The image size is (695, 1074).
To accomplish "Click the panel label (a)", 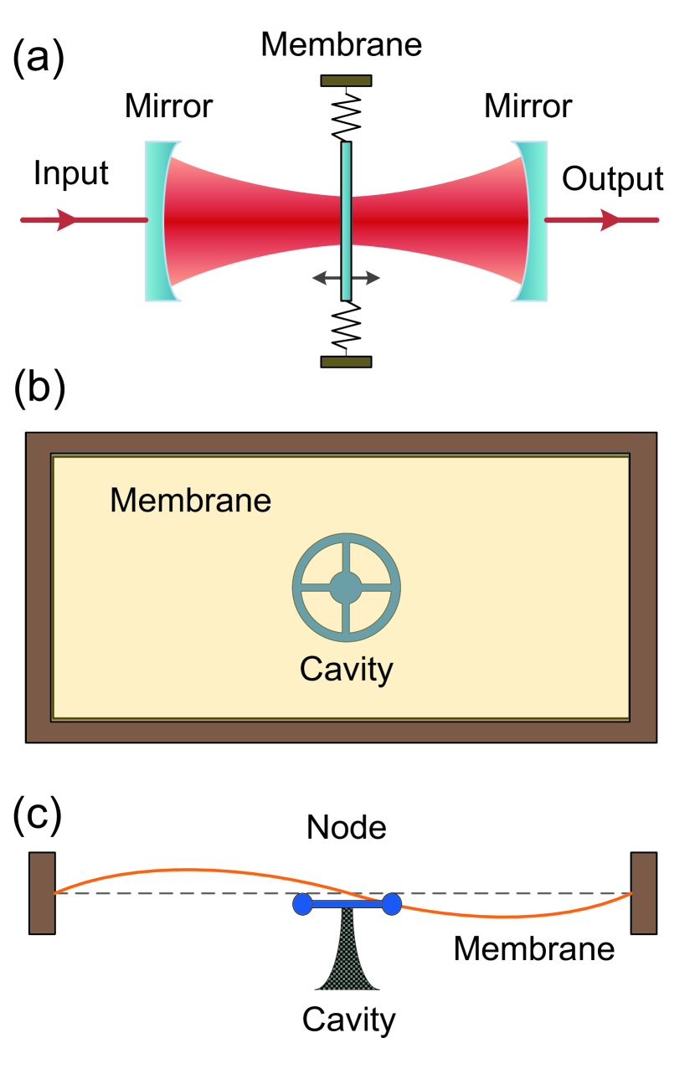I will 39,60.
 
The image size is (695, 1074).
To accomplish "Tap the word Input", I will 71,173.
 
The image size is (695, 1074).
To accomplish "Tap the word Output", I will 612,178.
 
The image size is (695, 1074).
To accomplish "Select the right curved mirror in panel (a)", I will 533,221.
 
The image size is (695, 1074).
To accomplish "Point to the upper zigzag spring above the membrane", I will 346,114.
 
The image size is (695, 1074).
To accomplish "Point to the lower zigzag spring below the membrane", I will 346,328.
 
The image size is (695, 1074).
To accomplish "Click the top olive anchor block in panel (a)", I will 346,80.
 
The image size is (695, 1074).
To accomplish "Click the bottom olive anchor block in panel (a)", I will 346,362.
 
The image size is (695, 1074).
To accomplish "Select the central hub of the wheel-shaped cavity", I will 345,587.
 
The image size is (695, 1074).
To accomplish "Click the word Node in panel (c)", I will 346,827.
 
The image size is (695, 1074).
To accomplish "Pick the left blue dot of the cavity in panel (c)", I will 302,903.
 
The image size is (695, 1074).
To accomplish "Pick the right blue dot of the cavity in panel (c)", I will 391,903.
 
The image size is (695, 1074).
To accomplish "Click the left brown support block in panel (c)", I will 42,892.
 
